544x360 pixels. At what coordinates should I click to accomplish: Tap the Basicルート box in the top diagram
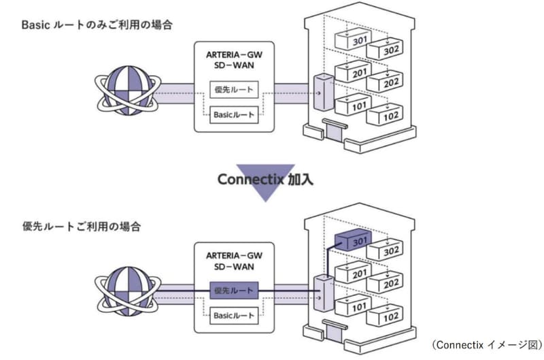(x=233, y=114)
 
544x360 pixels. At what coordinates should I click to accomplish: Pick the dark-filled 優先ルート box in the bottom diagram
(x=233, y=291)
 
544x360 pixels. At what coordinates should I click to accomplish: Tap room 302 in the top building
(x=385, y=50)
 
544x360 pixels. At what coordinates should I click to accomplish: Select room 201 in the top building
(x=353, y=73)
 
